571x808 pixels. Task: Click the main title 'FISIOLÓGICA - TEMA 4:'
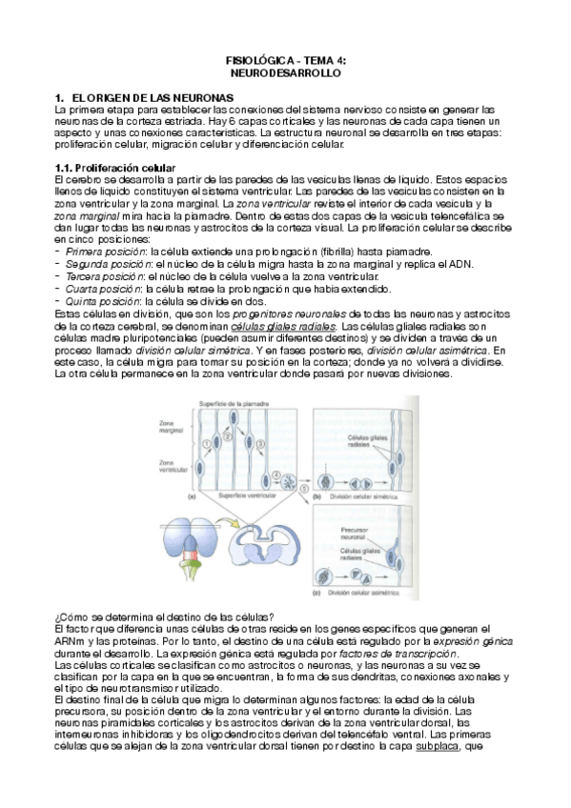tap(285, 59)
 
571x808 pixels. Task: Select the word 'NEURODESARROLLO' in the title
tap(285, 71)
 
